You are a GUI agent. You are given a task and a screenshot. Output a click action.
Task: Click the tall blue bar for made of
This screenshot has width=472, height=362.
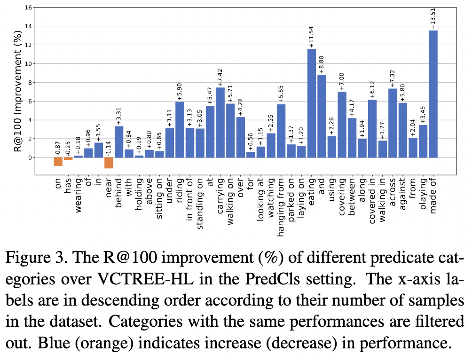pos(433,94)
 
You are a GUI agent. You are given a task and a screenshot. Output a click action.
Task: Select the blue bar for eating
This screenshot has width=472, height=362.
pos(312,103)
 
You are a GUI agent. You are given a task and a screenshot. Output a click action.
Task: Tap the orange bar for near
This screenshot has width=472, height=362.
pos(109,163)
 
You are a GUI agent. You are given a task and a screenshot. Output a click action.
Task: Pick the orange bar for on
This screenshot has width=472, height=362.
pos(58,162)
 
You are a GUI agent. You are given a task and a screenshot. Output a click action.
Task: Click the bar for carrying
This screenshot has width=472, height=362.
pos(220,122)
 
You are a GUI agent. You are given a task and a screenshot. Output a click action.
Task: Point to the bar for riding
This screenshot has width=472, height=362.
pos(180,129)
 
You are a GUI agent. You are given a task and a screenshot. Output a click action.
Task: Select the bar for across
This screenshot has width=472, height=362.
pos(393,123)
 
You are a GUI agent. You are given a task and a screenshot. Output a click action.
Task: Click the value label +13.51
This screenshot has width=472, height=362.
pos(433,18)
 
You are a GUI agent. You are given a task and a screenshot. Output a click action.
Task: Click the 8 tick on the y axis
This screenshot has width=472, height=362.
pos(30,82)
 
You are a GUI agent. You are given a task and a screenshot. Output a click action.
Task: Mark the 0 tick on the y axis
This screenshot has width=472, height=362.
pos(30,157)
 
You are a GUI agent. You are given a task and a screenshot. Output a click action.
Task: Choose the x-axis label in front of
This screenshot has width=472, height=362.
pos(190,200)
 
